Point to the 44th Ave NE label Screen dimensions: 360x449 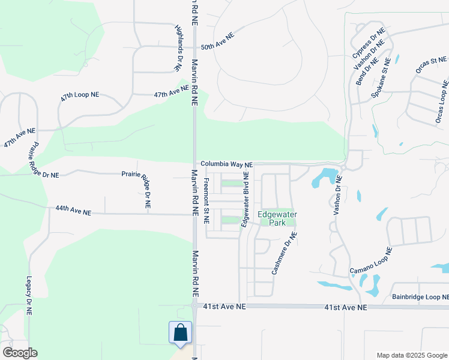(x=73, y=211)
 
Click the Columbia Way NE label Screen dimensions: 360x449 (x=226, y=164)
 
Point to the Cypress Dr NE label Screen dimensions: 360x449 (x=367, y=43)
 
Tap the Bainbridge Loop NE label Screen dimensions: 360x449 (x=420, y=297)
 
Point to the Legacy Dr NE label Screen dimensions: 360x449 (x=28, y=296)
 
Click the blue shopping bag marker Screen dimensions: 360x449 (x=180, y=334)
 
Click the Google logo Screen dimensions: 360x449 (x=20, y=353)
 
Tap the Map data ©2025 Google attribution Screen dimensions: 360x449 (x=411, y=355)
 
